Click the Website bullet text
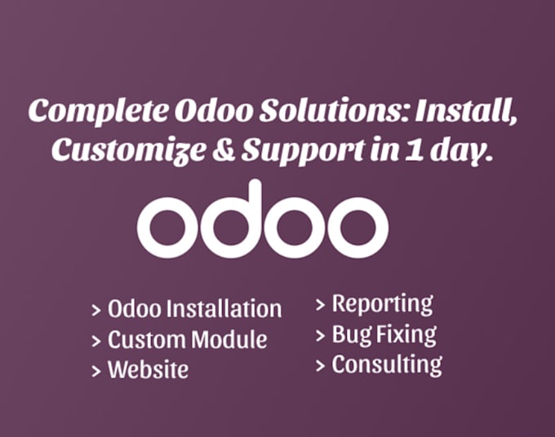(148, 369)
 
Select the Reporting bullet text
(382, 304)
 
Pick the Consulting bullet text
(386, 364)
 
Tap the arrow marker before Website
(97, 370)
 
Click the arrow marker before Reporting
(321, 305)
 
